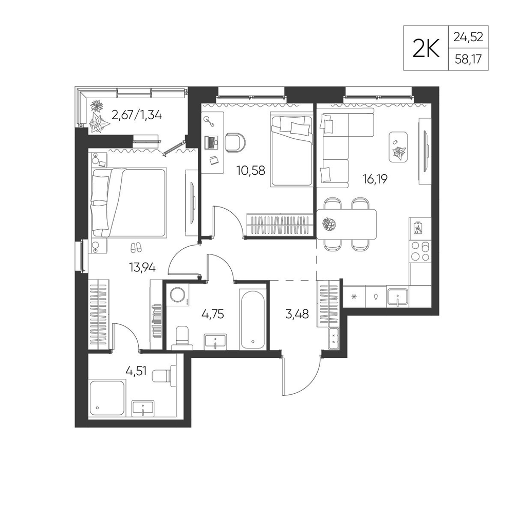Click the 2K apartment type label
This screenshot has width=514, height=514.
click(x=426, y=48)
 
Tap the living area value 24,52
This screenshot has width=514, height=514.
click(x=468, y=36)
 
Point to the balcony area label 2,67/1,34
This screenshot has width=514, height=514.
click(x=137, y=115)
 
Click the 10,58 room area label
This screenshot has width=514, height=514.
click(x=251, y=171)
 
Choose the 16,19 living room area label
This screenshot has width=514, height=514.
click(x=375, y=179)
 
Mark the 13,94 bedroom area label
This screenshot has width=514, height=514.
click(x=142, y=268)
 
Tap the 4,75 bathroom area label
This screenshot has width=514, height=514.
click(x=212, y=314)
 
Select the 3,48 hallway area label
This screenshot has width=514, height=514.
click(x=297, y=314)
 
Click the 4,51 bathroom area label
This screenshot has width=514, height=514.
click(x=136, y=371)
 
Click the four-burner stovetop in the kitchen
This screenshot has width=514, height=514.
click(x=420, y=251)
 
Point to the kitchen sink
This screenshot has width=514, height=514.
click(x=397, y=297)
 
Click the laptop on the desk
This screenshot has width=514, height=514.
click(x=211, y=142)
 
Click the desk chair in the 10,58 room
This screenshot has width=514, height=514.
click(x=235, y=142)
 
